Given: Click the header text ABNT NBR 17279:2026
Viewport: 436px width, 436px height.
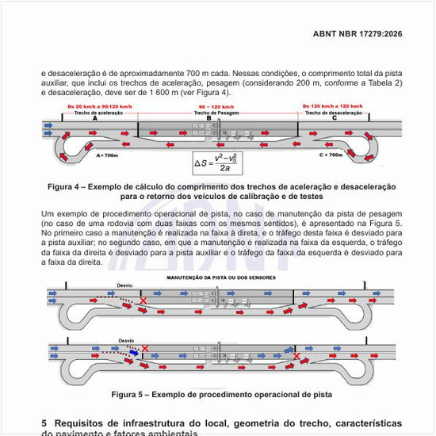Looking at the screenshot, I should [358, 34].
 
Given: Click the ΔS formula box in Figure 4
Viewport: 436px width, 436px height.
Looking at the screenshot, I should [216, 162].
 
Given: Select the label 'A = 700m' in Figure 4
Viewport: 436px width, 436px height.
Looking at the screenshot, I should [107, 155].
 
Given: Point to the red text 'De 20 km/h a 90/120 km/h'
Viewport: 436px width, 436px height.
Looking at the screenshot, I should [99, 106].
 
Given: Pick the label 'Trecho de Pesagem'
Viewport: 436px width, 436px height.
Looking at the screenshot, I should [215, 113].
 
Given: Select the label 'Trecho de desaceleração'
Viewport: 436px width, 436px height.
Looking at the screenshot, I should [332, 113].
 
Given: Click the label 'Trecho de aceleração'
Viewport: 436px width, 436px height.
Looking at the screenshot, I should [99, 113].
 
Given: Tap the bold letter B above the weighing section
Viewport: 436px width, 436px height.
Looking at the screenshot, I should [209, 118].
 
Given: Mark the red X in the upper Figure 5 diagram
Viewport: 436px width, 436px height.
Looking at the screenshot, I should [143, 301].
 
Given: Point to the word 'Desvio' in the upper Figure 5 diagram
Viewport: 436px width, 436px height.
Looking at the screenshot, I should [124, 285].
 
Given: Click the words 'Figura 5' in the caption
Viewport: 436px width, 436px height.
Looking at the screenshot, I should [128, 394].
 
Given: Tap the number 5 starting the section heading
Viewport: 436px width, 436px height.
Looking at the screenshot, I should [44, 423].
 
